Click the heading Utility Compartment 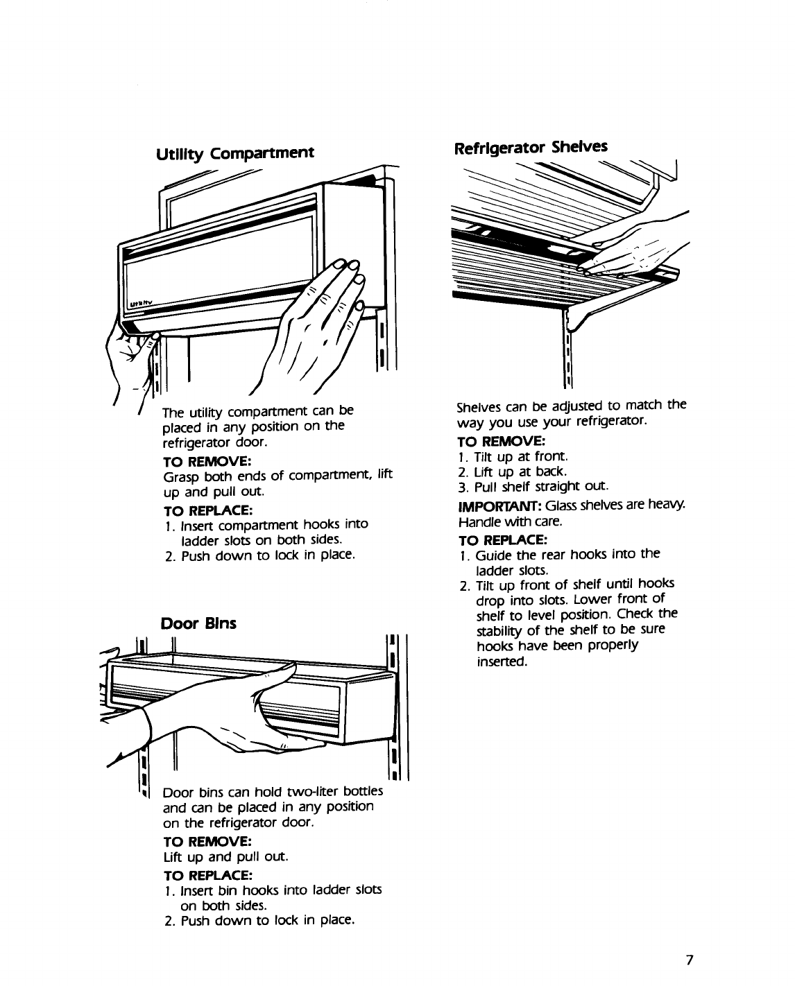234,153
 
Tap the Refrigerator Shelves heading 530,147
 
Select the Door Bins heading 198,623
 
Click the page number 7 689,960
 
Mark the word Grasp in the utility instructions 179,476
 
